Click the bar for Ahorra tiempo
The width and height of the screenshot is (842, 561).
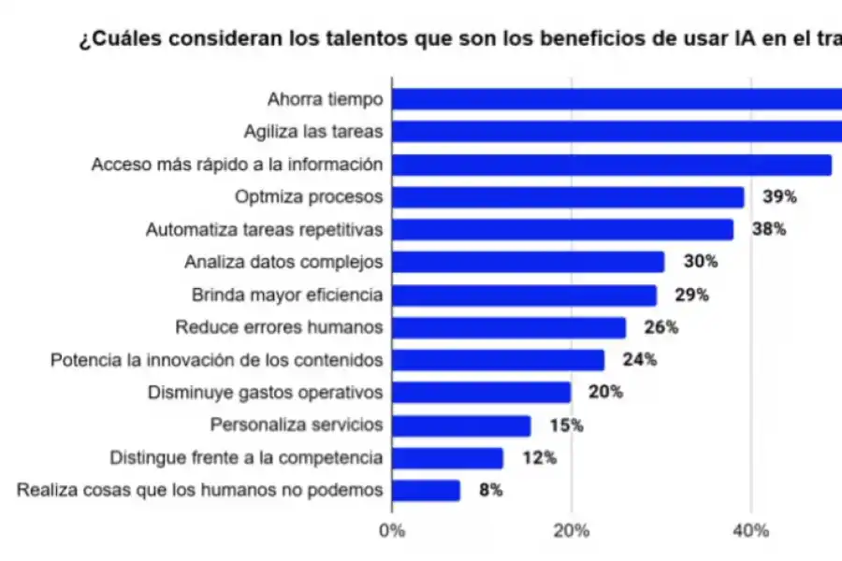click(617, 99)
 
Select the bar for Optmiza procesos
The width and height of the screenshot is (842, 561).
click(568, 197)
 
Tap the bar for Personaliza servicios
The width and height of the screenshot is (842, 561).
click(461, 425)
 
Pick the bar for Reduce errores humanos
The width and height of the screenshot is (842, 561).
click(509, 327)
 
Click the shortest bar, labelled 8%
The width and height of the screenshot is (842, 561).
click(426, 490)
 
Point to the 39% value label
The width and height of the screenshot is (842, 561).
click(779, 197)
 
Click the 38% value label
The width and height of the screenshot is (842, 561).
click(768, 229)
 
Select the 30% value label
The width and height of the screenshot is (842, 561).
click(700, 262)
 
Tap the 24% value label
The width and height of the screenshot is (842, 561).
click(639, 360)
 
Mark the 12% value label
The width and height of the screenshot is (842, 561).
click(539, 458)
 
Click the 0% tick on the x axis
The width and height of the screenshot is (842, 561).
click(392, 531)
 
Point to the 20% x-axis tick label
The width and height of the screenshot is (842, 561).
click(572, 531)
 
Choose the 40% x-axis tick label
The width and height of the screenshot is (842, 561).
click(751, 531)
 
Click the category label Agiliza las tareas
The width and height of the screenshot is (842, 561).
click(312, 132)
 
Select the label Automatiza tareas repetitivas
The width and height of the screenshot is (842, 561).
click(264, 229)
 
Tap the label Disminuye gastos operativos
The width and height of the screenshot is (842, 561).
click(265, 393)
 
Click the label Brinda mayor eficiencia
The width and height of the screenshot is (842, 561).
click(287, 295)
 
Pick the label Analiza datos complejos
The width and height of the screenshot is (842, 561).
click(283, 262)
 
